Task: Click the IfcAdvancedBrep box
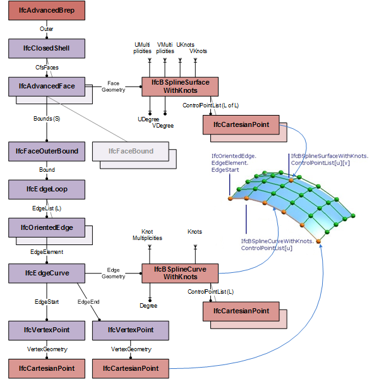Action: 47,11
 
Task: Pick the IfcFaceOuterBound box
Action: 47,151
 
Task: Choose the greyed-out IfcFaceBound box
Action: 131,151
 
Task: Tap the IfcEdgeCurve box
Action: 47,274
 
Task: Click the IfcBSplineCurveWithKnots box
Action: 180,273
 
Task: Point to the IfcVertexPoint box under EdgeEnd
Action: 131,330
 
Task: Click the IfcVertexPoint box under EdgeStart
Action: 47,330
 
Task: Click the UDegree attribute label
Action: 147,119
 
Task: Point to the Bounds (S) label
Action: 47,118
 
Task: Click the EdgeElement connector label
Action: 47,251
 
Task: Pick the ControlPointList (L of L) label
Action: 210,105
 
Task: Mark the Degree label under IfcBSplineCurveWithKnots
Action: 148,306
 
